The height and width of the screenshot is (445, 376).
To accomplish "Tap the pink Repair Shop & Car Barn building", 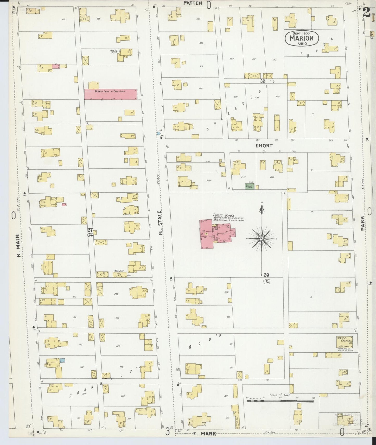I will (111, 94).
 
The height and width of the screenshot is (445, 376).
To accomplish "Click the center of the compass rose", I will (262, 238).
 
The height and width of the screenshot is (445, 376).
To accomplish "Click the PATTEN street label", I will (193, 3).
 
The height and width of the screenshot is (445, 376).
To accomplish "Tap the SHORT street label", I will (264, 146).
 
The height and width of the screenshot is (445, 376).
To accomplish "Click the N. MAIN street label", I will (18, 246).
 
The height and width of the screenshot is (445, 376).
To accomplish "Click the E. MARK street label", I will (205, 434).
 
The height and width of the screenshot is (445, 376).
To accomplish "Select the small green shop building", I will (249, 186).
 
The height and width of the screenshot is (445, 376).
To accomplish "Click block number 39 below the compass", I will (266, 275).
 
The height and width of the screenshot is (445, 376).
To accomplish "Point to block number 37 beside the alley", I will (90, 230).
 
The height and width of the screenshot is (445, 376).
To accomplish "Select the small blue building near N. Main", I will (62, 360).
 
